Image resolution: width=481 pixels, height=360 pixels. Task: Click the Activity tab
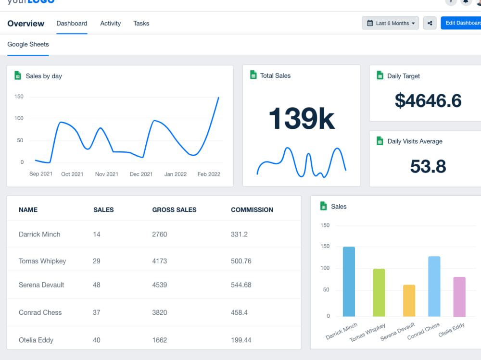coord(110,23)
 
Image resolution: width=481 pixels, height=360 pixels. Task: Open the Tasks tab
coord(141,23)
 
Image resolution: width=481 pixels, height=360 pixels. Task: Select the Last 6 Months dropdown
coord(390,23)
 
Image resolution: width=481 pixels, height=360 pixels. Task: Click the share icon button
coord(430,23)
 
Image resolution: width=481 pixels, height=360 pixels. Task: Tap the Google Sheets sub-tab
coord(28,44)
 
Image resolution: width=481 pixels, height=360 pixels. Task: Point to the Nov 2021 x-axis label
coord(106,174)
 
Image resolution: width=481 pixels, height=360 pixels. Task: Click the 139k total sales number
coord(301,118)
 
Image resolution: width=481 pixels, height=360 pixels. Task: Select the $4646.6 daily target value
coord(428,100)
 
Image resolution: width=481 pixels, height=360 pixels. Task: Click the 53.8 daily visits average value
coord(428,166)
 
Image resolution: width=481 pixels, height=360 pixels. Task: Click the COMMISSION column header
coord(252,210)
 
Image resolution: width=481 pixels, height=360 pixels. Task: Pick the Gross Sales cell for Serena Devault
coord(159,285)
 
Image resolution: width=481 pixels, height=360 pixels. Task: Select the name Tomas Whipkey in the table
coord(42,261)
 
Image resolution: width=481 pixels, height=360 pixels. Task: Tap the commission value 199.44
coord(241,340)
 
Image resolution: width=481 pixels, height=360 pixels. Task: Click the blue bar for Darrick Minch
coord(349,282)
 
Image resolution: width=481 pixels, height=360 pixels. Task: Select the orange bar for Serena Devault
coord(409,300)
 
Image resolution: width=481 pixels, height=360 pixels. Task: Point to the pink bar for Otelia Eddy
coord(459,297)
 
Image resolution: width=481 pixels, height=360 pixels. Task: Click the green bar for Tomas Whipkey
coord(379,292)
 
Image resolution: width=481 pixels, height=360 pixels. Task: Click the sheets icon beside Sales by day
coord(18,75)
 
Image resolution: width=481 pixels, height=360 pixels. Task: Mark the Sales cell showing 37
coord(97,312)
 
